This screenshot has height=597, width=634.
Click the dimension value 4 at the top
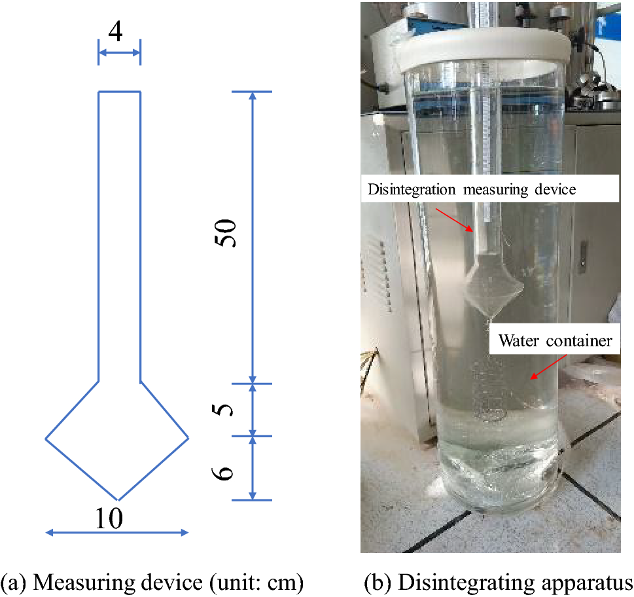click(x=115, y=32)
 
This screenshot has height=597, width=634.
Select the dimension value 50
click(x=226, y=232)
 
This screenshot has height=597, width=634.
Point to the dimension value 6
click(x=225, y=469)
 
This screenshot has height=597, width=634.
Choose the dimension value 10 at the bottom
click(x=109, y=518)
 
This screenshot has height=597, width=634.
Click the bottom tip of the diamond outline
click(x=117, y=499)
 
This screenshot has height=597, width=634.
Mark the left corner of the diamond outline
click(x=46, y=438)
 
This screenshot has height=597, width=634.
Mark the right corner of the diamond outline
click(x=188, y=437)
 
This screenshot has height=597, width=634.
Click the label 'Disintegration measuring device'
click(x=472, y=190)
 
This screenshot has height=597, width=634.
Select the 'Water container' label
click(x=555, y=340)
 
